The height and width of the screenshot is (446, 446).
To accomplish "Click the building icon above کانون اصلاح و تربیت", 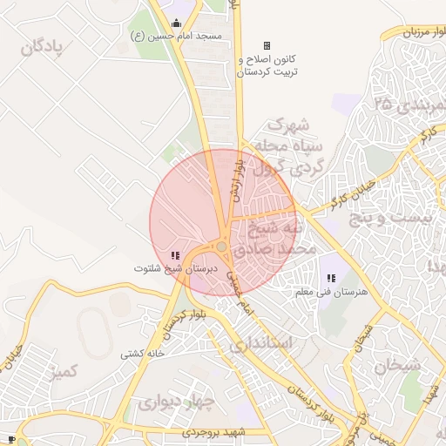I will pos(267,45).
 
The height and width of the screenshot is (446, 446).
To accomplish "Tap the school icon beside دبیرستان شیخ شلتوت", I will pos(174,255).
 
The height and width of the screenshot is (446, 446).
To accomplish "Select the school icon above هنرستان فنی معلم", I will pos(330,277).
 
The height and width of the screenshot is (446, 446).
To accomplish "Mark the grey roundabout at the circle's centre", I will pos(223,248).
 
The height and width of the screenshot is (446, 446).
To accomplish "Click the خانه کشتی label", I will pos(143,354).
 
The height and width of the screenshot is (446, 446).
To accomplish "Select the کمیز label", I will pos(65,373).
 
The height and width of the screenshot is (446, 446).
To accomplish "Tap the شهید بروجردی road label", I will pos(215,432).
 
